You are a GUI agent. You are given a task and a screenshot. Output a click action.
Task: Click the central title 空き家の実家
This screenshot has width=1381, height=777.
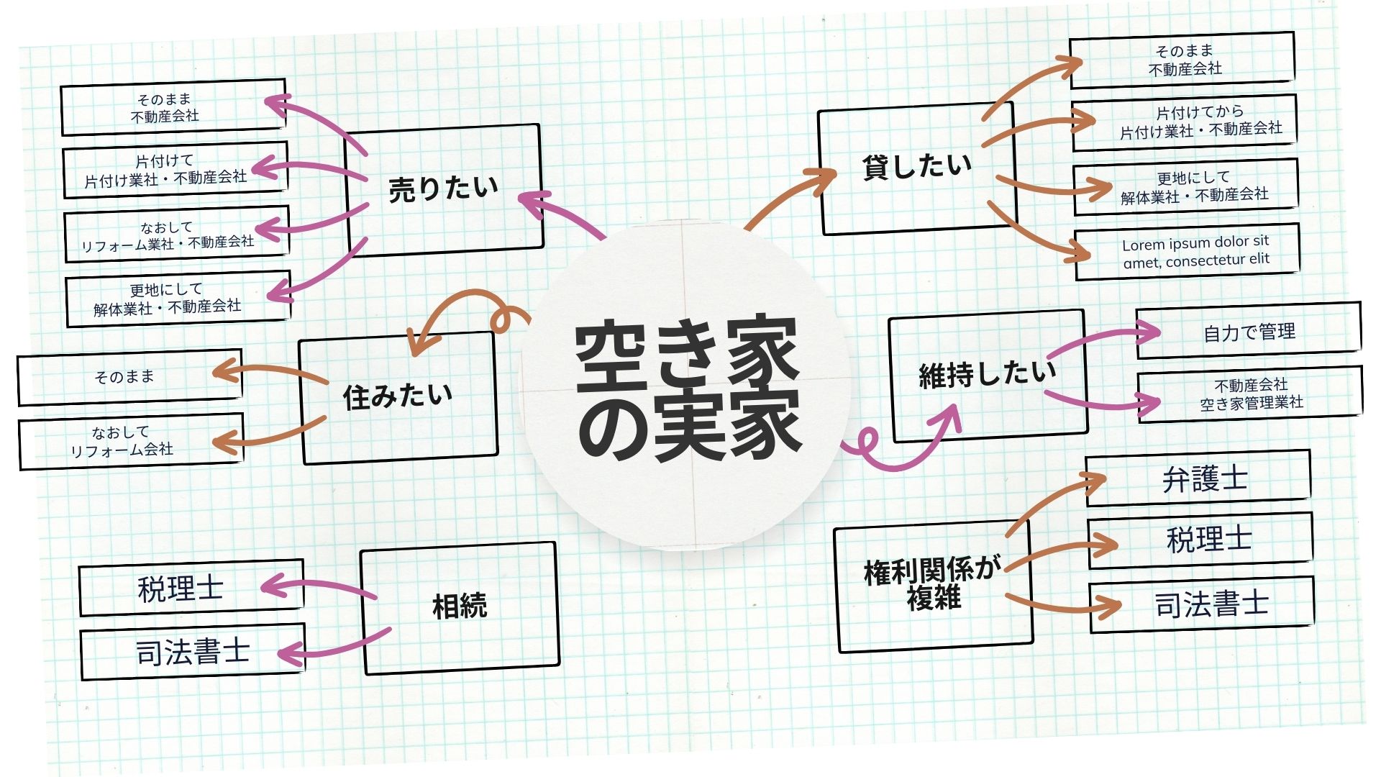pyautogui.click(x=687, y=388)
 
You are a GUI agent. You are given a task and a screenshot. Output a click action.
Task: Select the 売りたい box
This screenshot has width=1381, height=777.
pyautogui.click(x=444, y=189)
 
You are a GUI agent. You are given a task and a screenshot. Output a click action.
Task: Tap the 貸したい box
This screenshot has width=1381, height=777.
pyautogui.click(x=916, y=169)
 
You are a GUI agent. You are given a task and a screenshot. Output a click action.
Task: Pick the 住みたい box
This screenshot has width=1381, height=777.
pyautogui.click(x=398, y=397)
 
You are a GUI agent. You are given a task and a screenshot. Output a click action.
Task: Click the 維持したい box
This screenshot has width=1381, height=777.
pyautogui.click(x=988, y=375)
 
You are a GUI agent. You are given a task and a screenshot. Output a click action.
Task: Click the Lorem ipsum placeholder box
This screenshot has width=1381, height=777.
pyautogui.click(x=1187, y=252)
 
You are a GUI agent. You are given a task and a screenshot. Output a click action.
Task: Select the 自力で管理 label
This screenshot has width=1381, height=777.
pyautogui.click(x=1249, y=331)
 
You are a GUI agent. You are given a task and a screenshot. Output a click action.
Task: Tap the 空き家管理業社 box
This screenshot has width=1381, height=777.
pyautogui.click(x=1250, y=394)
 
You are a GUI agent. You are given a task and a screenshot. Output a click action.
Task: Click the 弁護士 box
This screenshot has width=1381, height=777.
pyautogui.click(x=1198, y=478)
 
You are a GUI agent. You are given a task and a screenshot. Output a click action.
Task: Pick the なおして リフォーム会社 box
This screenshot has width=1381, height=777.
pyautogui.click(x=129, y=441)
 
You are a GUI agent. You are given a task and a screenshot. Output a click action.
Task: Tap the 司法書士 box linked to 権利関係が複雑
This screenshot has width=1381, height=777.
pyautogui.click(x=1201, y=604)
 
